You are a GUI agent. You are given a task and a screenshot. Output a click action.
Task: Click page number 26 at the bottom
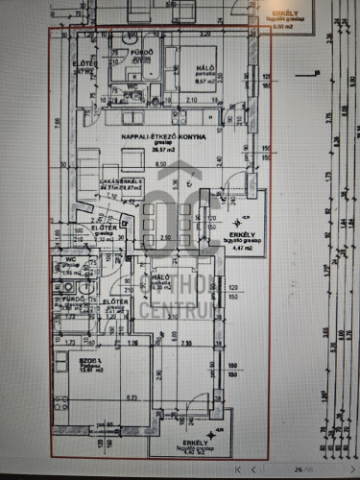[x=299, y=468]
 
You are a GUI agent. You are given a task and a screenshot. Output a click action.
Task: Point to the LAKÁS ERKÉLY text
[x=123, y=180]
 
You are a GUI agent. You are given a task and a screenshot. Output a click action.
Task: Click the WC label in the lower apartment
[x=70, y=259]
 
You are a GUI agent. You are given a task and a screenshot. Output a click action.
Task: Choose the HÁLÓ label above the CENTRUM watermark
[x=161, y=276]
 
